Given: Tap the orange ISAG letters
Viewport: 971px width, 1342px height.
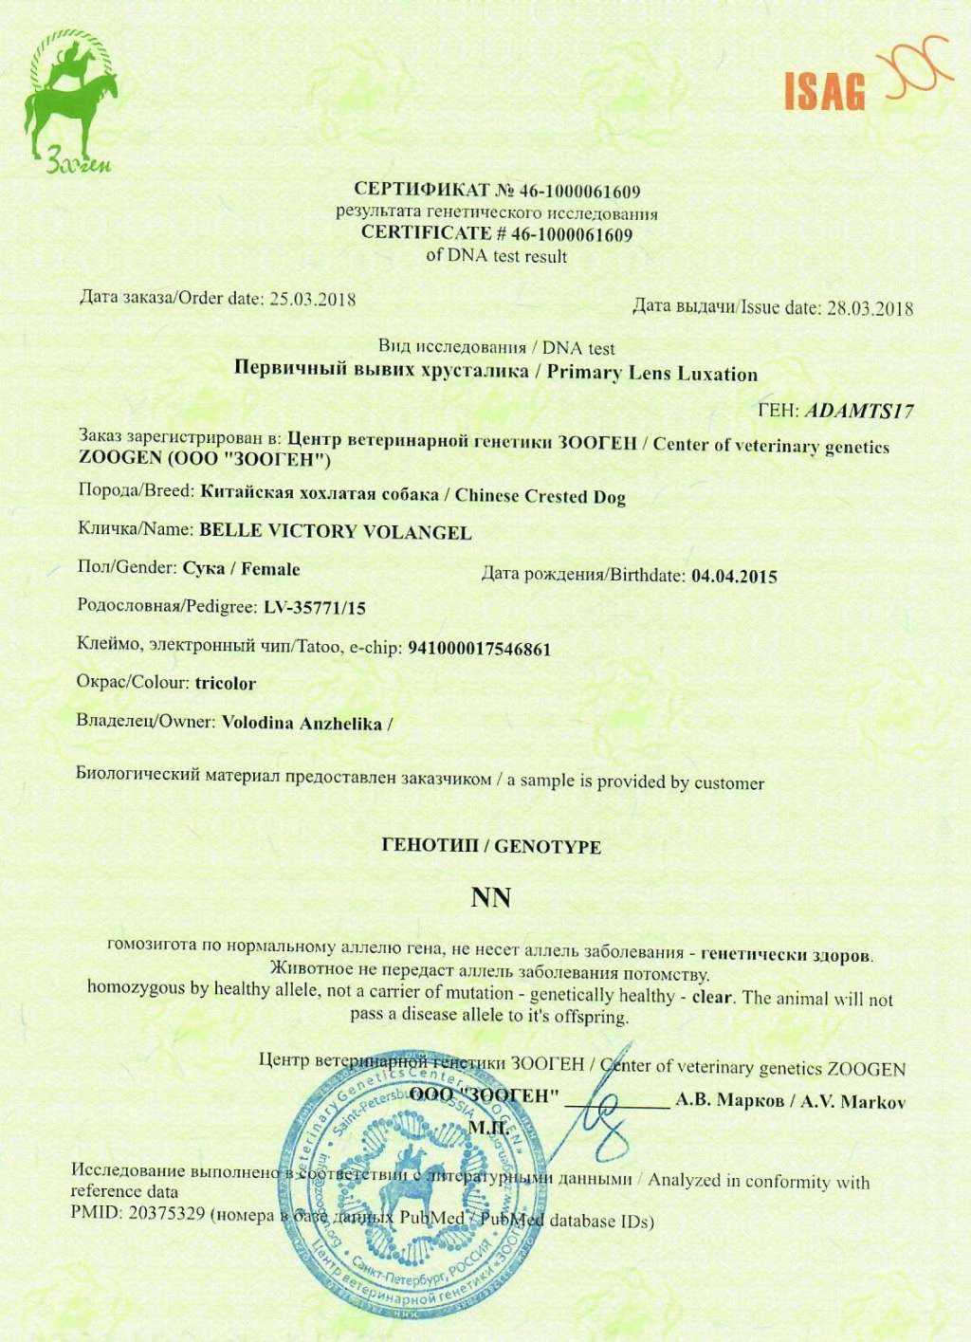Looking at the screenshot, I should [825, 91].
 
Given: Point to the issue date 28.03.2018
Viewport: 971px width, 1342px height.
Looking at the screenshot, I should [870, 307].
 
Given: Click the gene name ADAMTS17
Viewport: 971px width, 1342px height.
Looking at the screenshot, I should [859, 411].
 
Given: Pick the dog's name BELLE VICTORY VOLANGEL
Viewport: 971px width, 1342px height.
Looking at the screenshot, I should [335, 531].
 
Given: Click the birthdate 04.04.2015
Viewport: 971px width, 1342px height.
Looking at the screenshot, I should [735, 576].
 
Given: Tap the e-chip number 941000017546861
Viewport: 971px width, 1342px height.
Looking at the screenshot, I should [479, 649].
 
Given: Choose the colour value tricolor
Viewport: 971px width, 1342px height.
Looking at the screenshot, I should [226, 683].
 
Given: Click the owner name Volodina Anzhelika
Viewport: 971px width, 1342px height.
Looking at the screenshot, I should [302, 724].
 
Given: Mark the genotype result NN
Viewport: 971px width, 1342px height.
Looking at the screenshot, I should [490, 897].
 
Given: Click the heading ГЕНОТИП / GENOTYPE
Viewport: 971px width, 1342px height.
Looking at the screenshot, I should [490, 846].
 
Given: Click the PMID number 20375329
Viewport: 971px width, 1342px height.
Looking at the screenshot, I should [167, 1213].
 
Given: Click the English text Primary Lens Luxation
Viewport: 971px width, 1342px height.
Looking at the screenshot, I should [652, 373].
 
